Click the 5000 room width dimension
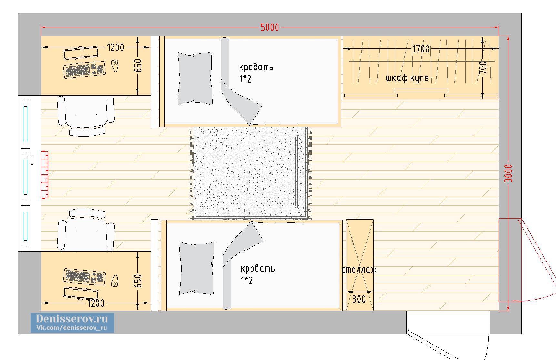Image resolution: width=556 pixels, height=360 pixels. coord(270,27)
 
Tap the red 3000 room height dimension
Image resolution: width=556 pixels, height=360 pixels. coord(509,173)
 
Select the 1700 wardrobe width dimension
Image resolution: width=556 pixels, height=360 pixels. coord(421,49)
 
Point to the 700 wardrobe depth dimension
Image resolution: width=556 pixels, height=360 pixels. coord(483,67)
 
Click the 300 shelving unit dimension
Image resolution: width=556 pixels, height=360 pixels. coord(359,299)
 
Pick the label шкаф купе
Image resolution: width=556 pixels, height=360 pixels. coord(407,78)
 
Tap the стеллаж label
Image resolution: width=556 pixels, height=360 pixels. coord(359,270)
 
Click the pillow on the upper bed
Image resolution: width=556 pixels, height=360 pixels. coord(195,79)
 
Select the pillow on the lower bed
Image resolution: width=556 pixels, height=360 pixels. coord(197,268)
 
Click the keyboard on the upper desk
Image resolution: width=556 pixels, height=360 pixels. coord(85,69)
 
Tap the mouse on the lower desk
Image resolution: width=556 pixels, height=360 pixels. coord(115,281)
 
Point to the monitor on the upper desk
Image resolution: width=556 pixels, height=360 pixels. coord(81,53)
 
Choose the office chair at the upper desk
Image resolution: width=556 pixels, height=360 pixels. coord(86,115)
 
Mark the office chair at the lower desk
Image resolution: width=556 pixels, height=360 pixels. coord(86,230)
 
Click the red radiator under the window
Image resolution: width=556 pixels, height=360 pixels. coord(45,175)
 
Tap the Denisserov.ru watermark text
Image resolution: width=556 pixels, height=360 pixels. coord(72,319)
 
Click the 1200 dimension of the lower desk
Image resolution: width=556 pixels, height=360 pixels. coord(96,303)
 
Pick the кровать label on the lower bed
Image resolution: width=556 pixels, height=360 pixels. coord(258,269)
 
